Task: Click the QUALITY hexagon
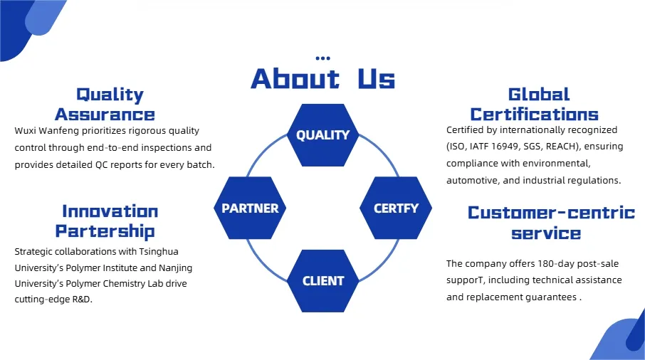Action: coord(323,134)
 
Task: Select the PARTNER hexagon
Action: coord(250,208)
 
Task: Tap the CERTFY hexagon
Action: coord(396,208)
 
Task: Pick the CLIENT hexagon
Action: coord(323,281)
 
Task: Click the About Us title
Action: coord(323,78)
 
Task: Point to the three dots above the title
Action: coord(323,58)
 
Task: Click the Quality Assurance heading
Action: coord(105,105)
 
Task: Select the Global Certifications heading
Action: coord(535,105)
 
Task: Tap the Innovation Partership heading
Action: coord(105,221)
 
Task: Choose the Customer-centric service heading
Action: coord(551,222)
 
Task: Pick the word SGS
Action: coord(532,147)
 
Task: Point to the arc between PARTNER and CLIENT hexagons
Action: coord(263,266)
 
